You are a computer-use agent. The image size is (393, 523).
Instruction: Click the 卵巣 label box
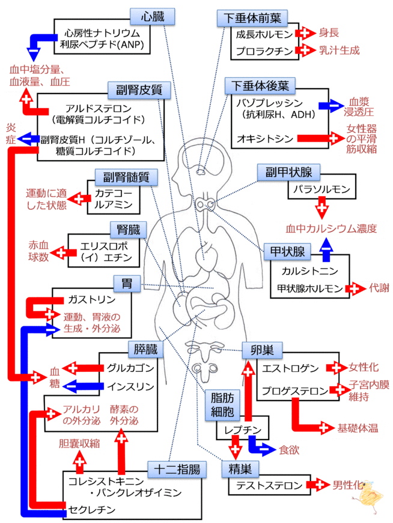(263, 350)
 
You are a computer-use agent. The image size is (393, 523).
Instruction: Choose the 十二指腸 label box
(177, 468)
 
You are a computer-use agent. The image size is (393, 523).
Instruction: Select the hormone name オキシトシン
(264, 139)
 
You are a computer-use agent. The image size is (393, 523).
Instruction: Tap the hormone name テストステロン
(266, 485)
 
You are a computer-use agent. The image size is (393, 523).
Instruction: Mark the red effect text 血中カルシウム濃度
(331, 229)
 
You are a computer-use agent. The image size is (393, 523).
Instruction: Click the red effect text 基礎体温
(358, 428)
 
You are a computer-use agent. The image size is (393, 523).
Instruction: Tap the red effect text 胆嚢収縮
(79, 444)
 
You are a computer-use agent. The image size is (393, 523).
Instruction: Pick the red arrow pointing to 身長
(307, 32)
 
